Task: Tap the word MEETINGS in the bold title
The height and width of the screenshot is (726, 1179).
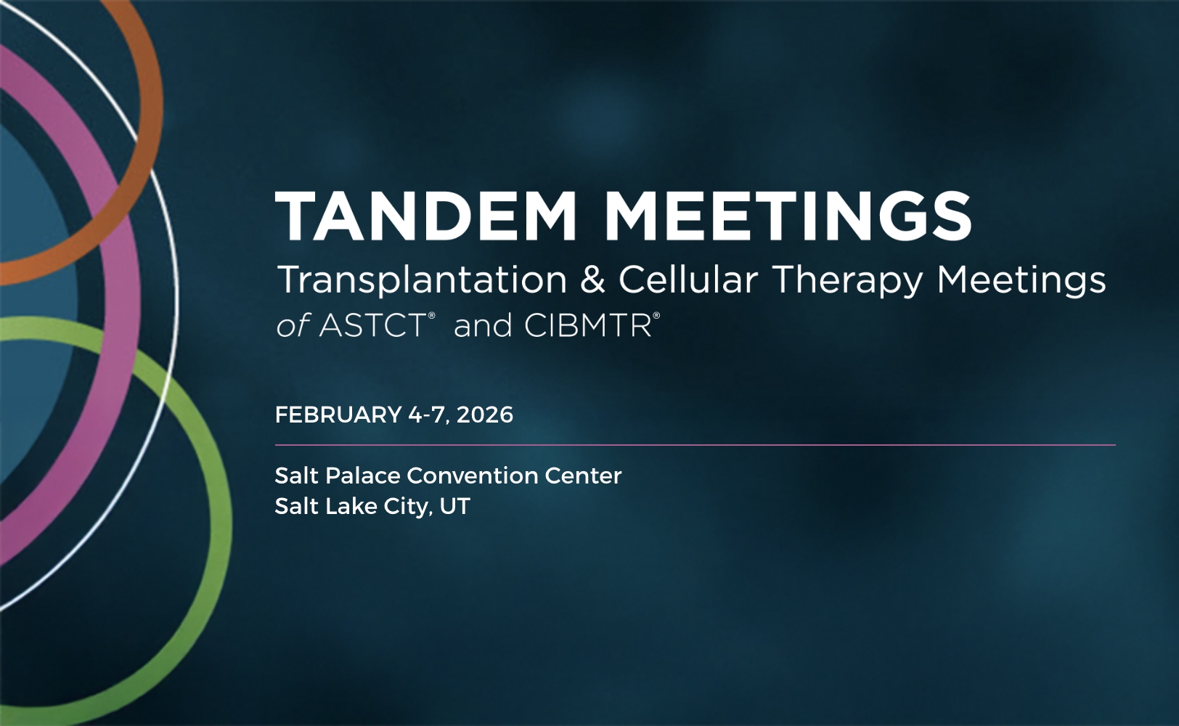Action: (x=788, y=216)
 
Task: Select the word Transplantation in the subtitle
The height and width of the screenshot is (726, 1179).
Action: (x=422, y=280)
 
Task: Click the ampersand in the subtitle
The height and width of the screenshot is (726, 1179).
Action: (x=592, y=280)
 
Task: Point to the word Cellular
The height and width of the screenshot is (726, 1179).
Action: (x=688, y=280)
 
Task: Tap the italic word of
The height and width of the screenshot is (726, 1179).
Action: (x=293, y=326)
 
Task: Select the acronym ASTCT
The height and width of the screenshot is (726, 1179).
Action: (x=372, y=326)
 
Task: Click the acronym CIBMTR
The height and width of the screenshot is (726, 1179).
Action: (x=587, y=326)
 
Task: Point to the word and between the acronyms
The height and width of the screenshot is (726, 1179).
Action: (x=483, y=326)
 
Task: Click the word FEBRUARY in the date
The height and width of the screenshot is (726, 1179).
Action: (x=338, y=415)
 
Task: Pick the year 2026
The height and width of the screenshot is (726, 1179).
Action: (x=485, y=415)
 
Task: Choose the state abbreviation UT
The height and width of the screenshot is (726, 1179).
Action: (x=455, y=506)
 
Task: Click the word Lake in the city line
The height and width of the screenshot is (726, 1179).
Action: (x=351, y=506)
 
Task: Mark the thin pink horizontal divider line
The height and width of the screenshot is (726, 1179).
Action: (x=695, y=445)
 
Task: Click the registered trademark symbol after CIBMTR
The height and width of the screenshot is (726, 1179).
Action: (x=656, y=316)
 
